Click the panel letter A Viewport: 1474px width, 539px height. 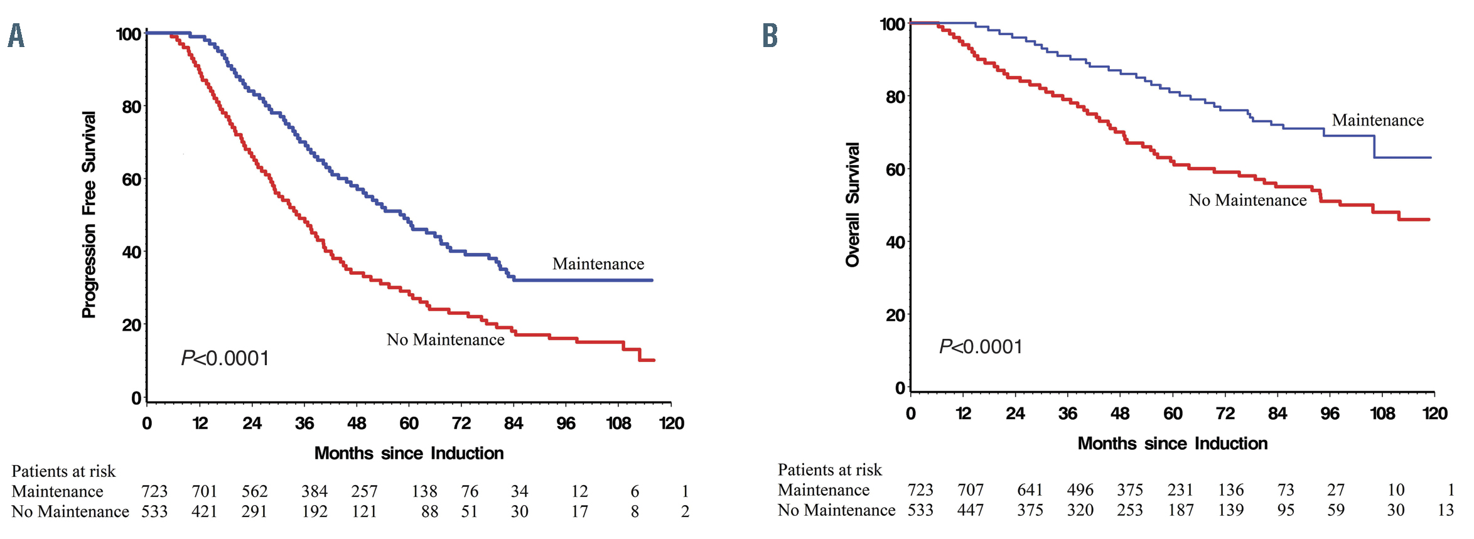16,36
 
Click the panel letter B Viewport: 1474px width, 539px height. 770,36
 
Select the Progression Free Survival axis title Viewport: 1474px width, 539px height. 89,215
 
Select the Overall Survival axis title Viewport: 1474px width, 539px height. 852,205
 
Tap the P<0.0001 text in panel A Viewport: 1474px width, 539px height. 225,358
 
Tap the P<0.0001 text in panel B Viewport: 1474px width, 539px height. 981,347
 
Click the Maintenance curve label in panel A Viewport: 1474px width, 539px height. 598,264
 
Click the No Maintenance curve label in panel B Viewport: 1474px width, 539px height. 1247,200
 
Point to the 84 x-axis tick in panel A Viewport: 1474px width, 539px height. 514,423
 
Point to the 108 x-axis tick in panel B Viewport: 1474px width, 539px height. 1382,414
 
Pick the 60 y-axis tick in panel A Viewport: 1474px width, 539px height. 132,179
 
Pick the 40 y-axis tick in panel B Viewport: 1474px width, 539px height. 895,242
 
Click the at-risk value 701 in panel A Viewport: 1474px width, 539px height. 204,491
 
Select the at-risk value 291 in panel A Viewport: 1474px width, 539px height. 254,511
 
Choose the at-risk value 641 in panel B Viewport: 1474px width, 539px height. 1030,490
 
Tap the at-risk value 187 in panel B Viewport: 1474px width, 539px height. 1180,510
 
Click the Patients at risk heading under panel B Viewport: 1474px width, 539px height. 829,470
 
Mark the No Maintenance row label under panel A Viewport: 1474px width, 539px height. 70,511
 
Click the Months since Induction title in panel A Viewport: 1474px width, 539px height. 409,453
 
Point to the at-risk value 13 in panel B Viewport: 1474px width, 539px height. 1445,510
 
